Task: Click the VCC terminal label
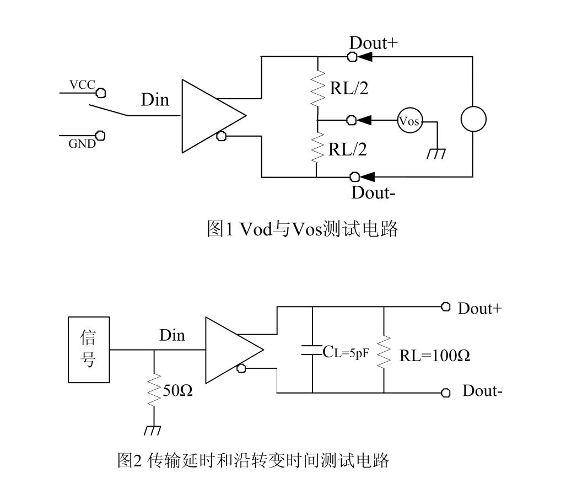pos(82,85)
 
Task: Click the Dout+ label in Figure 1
pos(373,43)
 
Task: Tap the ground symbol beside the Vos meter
pos(436,153)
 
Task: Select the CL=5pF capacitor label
pos(345,350)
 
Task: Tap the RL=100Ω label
pos(434,356)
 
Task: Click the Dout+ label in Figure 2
pos(479,308)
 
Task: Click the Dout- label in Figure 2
pos(482,392)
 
